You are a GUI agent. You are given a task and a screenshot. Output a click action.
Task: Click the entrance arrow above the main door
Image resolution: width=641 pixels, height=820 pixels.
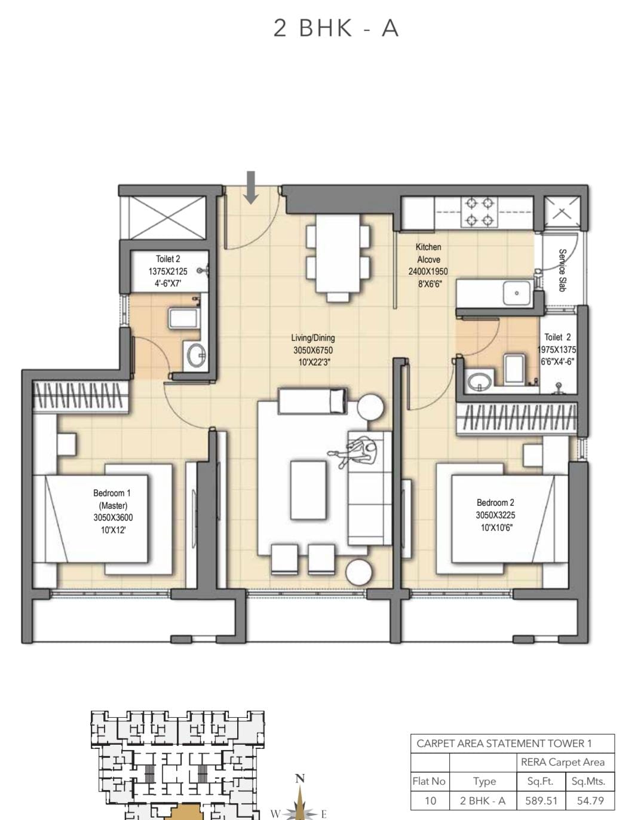click(x=250, y=188)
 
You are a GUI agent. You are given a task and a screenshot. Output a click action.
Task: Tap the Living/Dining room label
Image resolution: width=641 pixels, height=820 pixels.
click(x=313, y=338)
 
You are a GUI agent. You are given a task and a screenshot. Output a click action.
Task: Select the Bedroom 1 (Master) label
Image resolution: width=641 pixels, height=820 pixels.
click(x=112, y=499)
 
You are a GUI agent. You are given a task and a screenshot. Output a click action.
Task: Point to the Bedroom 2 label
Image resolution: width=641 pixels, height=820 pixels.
click(x=495, y=503)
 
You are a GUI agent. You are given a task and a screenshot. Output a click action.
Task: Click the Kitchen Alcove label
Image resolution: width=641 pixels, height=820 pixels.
click(x=428, y=253)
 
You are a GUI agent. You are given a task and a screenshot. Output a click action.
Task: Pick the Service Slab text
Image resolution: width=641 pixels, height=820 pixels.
click(x=562, y=270)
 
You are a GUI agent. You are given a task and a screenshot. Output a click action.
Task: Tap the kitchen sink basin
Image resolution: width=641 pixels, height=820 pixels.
click(x=517, y=293)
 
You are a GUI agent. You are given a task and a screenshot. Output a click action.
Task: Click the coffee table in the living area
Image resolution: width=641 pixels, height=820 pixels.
click(x=308, y=490)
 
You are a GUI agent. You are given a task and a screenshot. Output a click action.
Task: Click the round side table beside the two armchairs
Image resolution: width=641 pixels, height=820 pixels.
click(x=359, y=573)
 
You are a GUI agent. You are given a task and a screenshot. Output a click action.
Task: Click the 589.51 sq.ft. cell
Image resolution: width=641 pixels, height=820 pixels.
click(x=541, y=800)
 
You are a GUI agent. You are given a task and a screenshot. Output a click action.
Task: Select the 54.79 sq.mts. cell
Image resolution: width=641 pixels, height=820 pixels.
click(x=590, y=800)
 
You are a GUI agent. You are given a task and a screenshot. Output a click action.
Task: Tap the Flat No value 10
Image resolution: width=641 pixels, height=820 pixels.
click(x=430, y=800)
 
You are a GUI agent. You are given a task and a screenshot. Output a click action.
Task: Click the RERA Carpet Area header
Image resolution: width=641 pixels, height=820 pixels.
click(x=563, y=762)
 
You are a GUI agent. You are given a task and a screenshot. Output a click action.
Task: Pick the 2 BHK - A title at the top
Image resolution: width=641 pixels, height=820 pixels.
click(x=336, y=28)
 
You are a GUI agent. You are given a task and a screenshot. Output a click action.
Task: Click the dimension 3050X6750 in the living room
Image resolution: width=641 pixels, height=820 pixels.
click(x=313, y=350)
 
